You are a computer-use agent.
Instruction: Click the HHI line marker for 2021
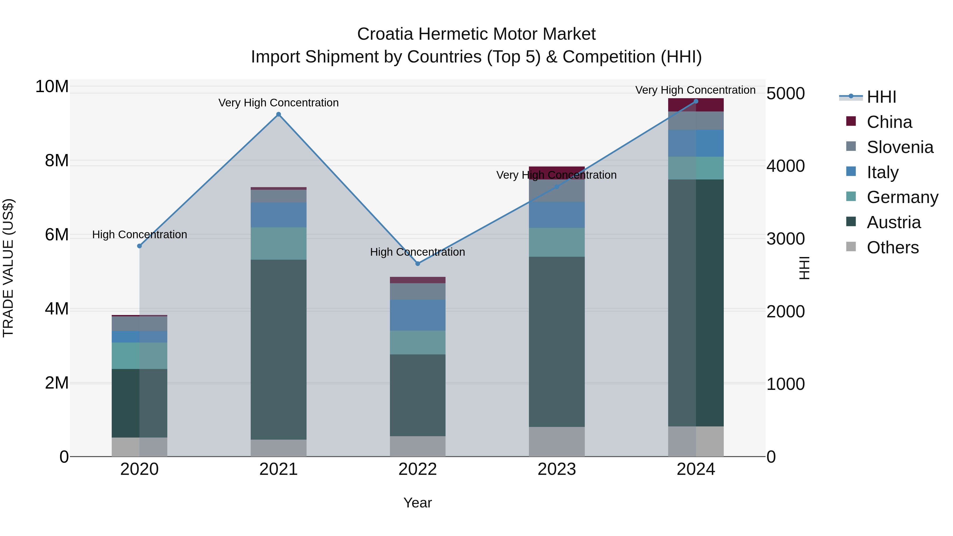coord(278,114)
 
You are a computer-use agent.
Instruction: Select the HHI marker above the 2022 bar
coord(418,264)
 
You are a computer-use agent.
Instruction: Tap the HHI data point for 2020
coord(140,246)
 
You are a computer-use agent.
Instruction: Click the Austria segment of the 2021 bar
coord(278,350)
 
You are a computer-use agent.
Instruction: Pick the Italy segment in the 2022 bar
coord(418,315)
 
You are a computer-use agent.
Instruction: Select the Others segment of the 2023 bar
coord(557,442)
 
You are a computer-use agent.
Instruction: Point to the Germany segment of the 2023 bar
coord(557,242)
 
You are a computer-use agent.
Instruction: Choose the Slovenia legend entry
coord(900,147)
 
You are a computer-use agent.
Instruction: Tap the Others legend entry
coord(892,247)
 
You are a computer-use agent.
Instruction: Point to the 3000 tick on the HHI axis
coord(785,239)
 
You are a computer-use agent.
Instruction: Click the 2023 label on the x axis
coord(557,469)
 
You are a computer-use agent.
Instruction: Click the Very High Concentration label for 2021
coord(278,103)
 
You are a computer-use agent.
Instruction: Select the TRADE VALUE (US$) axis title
coord(8,268)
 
